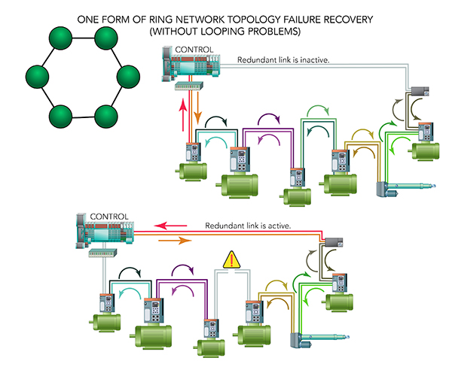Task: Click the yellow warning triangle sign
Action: tap(231, 259)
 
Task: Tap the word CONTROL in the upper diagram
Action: tap(194, 50)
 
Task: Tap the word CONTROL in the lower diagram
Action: tap(109, 217)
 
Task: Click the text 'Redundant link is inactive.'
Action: tap(283, 60)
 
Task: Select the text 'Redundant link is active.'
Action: tap(248, 226)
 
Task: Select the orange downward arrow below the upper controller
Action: tap(197, 108)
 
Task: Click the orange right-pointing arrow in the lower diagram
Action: tap(175, 241)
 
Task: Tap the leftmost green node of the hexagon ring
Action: tap(37, 77)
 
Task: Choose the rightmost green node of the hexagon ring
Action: tap(128, 77)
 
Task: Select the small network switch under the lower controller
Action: tap(102, 253)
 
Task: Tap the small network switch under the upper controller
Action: tap(189, 86)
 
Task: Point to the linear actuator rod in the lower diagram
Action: tap(325, 337)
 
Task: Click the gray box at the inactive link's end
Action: tap(420, 91)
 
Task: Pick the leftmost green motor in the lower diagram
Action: tap(105, 323)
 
